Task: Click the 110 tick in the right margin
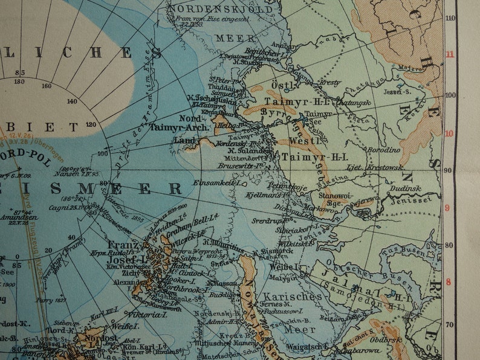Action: click(450, 18)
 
